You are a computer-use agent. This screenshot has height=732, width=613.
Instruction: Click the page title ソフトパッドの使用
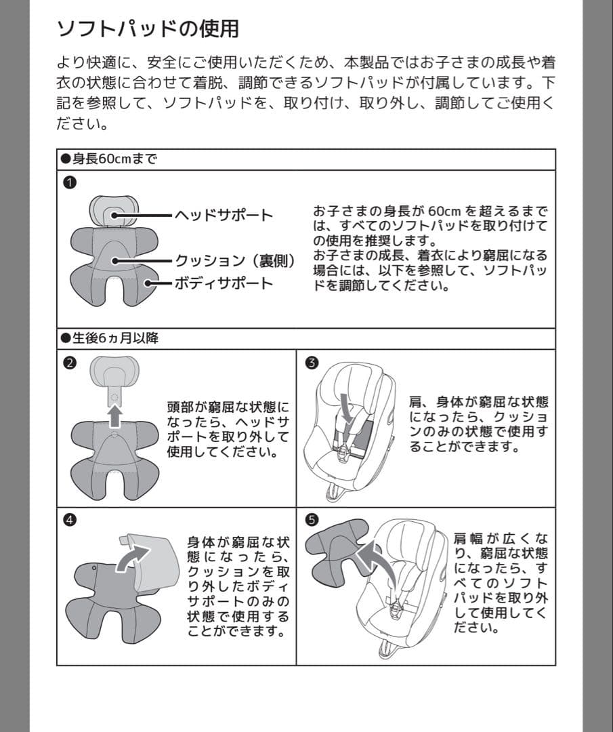coord(148,28)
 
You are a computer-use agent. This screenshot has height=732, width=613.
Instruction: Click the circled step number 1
coord(70,182)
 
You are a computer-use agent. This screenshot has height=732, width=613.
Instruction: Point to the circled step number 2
coord(70,363)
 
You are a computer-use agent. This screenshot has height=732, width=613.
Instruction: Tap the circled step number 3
coord(312,363)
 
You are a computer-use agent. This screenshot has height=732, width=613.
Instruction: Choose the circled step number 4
coord(70,520)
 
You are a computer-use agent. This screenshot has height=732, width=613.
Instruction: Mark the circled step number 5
coord(312,520)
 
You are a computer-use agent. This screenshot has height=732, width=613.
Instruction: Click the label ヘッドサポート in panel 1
coord(224,216)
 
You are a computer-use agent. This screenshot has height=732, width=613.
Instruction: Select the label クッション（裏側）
coord(236,260)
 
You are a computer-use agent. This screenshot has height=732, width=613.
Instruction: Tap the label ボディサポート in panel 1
coord(224,283)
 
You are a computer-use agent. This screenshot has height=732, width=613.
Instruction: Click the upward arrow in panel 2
coord(114,416)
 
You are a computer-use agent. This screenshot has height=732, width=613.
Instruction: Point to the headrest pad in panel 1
coord(114,211)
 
